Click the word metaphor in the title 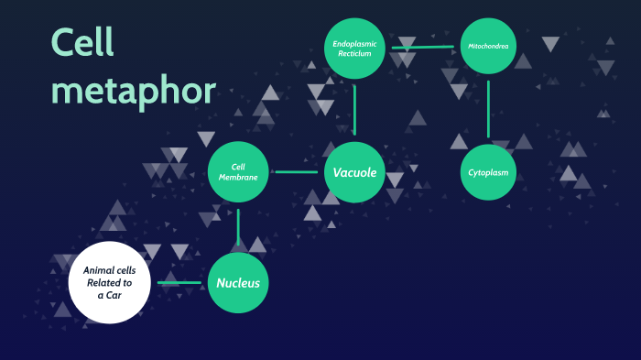point(134,92)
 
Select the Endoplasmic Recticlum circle point(354,48)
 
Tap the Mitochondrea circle point(488,46)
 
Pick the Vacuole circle point(354,171)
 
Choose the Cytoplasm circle point(488,171)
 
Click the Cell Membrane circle point(238,171)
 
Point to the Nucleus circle point(238,283)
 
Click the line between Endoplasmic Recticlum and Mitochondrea point(422,47)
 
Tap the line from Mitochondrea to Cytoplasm point(488,108)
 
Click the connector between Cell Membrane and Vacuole point(296,171)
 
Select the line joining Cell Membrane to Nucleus point(238,227)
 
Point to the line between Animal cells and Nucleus point(179,283)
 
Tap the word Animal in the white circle point(96,270)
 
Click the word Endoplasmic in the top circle point(354,43)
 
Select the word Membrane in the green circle point(238,177)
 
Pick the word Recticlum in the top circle point(354,54)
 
